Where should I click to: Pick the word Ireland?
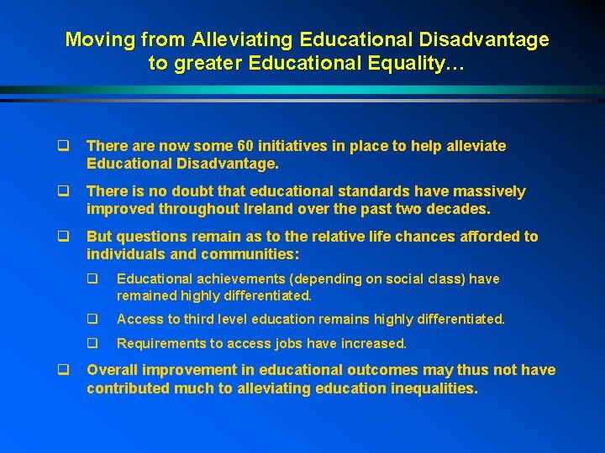pos(266,208)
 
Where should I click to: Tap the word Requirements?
pos(157,343)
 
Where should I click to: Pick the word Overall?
pos(113,370)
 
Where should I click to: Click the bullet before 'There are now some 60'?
pos(64,146)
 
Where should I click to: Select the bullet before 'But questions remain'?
pos(64,237)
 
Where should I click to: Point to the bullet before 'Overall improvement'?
pos(64,370)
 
